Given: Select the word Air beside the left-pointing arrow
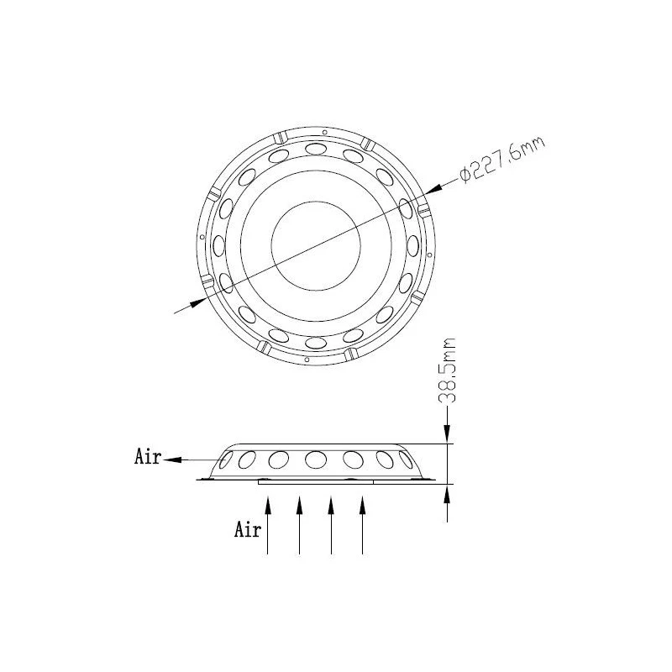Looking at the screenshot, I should coord(148,458).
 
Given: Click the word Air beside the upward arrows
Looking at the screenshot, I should coord(247,530).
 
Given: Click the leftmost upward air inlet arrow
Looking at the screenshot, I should coord(267,521).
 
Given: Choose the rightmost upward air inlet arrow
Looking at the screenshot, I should coord(362,521).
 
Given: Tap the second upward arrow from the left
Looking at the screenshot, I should coord(299,521).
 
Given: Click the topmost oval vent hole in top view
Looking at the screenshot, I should coord(316,149).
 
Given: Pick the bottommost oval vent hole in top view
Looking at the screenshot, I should coord(316,343).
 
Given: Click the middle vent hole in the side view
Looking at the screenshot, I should coord(316,459).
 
